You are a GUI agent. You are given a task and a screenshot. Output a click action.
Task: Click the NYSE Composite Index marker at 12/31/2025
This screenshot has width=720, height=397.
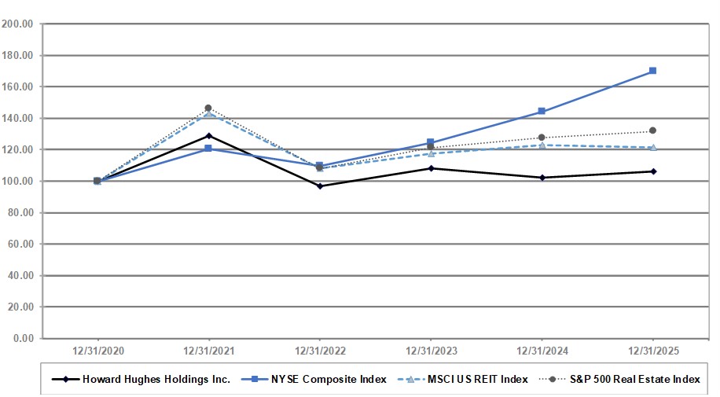[652, 71]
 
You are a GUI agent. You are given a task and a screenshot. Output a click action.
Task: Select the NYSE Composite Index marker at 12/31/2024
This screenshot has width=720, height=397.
[542, 112]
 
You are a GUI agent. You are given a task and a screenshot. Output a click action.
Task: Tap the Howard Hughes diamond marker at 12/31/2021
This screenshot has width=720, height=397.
[208, 136]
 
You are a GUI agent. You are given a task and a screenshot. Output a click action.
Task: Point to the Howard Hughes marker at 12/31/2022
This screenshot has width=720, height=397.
[319, 186]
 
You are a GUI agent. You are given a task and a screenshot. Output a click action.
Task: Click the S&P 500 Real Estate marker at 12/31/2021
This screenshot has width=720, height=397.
[208, 108]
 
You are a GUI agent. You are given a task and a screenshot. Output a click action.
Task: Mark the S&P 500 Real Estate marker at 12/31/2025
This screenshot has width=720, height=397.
[652, 130]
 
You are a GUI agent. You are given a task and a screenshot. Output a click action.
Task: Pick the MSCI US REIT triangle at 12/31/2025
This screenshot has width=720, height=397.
[652, 147]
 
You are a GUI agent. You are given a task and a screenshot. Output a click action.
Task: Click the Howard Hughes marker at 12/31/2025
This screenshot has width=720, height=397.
[652, 171]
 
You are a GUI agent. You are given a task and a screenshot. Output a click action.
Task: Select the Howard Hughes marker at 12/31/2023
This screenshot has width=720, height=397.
[431, 168]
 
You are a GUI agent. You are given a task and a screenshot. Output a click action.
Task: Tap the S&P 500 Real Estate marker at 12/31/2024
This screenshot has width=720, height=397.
[542, 138]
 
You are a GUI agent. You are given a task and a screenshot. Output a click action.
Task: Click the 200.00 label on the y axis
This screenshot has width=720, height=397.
[17, 24]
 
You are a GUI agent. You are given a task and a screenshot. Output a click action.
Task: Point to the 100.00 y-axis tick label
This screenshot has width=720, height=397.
[17, 181]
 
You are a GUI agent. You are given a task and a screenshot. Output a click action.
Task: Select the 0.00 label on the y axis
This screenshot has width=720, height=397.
[22, 339]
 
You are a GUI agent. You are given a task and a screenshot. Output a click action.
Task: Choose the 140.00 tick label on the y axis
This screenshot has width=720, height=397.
[17, 118]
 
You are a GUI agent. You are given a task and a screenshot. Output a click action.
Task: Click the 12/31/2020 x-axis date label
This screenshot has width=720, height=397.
[97, 350]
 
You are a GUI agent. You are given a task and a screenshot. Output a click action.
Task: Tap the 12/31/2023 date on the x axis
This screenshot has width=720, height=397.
[431, 350]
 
